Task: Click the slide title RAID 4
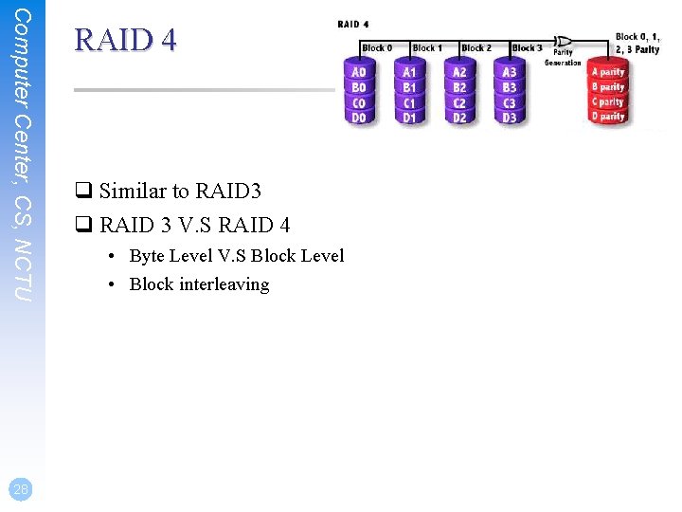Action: coord(125,41)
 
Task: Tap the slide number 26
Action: coord(22,488)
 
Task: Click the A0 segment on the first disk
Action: coord(359,72)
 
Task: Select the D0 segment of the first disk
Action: coord(359,118)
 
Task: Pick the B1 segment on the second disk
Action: coord(409,87)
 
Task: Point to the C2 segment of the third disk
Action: coord(459,102)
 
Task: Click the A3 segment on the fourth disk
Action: coord(510,72)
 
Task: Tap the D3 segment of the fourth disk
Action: coord(510,118)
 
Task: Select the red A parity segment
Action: coord(608,72)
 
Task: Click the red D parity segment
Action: coord(608,117)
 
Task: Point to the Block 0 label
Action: coord(376,47)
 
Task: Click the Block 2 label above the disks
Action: coord(476,47)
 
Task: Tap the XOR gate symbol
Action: coord(564,42)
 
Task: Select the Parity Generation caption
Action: coord(564,58)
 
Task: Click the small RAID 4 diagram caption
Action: coord(353,24)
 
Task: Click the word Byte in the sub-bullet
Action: coord(147,256)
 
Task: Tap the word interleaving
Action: coord(224,284)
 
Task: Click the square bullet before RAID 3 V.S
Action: coord(82,226)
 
